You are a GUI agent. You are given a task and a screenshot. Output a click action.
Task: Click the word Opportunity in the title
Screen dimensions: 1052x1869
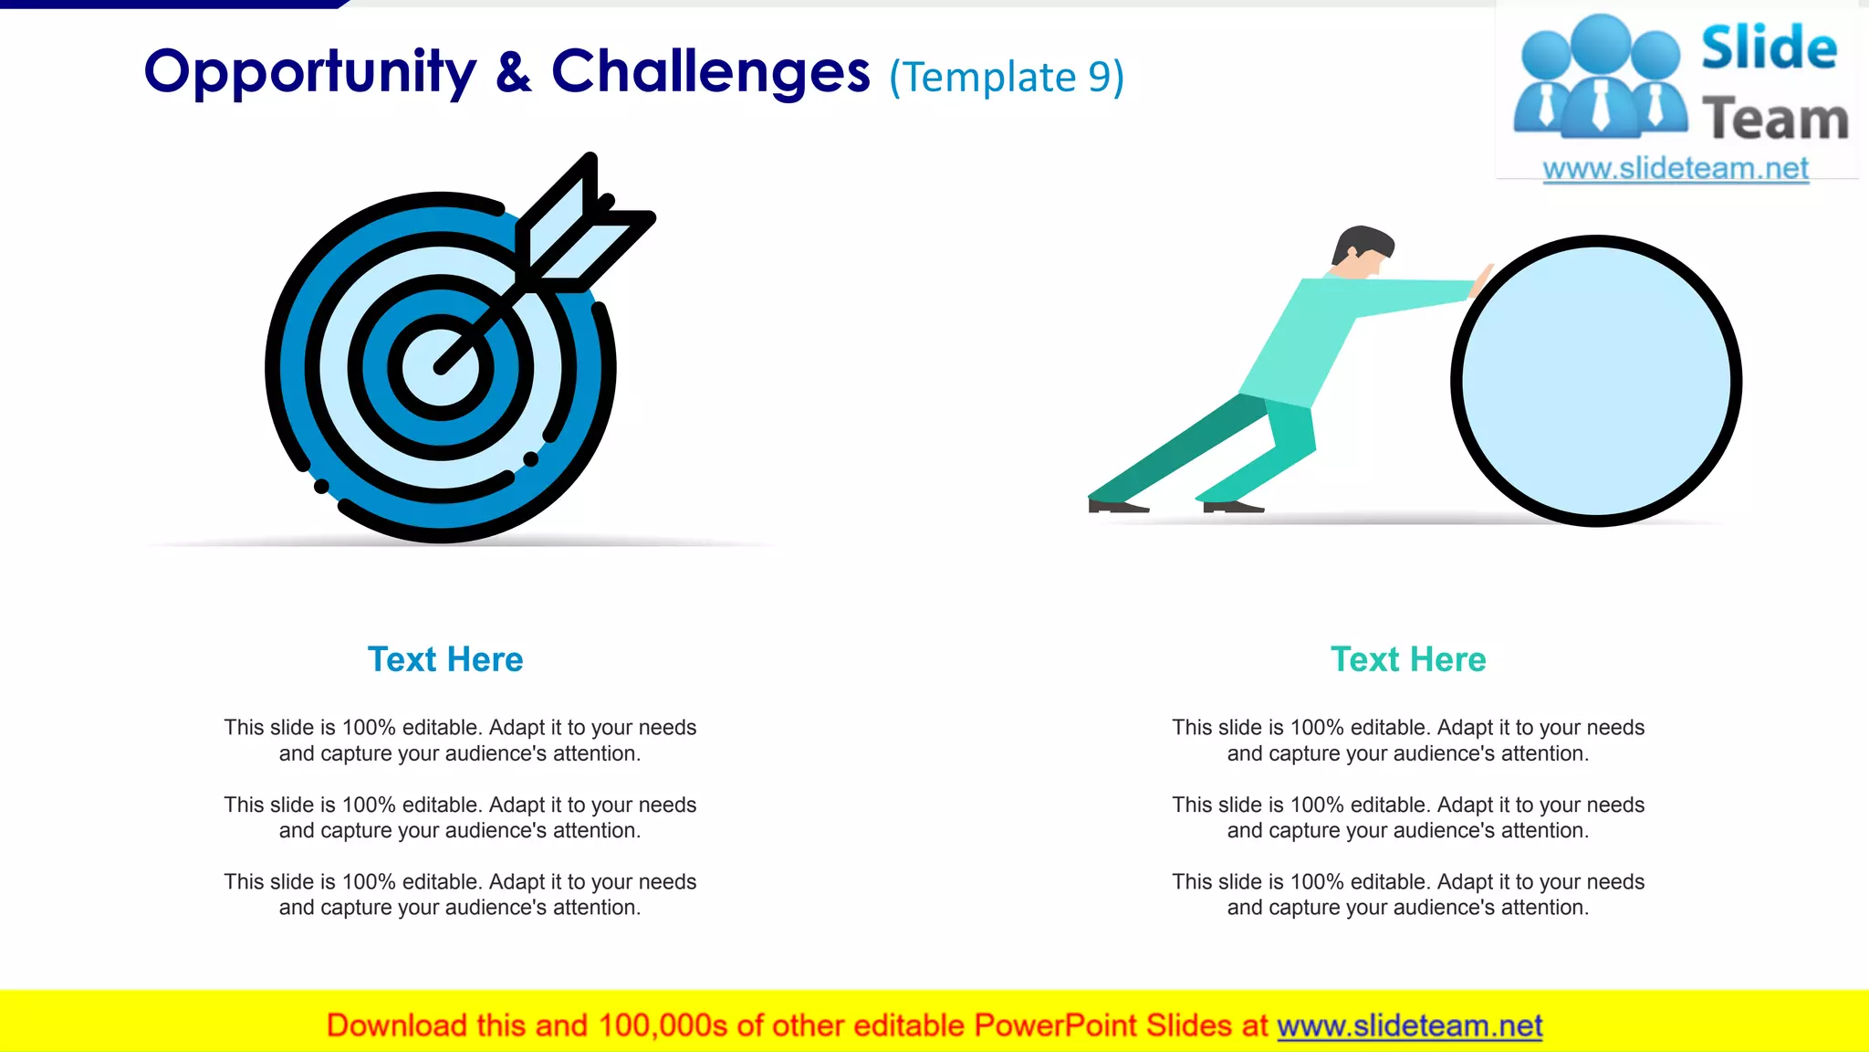pyautogui.click(x=310, y=73)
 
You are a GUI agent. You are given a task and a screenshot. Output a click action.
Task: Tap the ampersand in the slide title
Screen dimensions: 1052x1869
pyautogui.click(x=514, y=73)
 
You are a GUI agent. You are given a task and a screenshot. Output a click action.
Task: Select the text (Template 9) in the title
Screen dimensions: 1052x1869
pyautogui.click(x=1007, y=78)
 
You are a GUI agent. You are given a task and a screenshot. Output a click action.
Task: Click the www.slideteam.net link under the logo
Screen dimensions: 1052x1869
pyautogui.click(x=1676, y=169)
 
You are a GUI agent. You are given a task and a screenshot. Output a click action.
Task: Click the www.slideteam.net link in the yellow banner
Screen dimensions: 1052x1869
pyautogui.click(x=1409, y=1026)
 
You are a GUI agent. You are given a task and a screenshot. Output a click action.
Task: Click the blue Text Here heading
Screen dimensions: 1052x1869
pyautogui.click(x=445, y=659)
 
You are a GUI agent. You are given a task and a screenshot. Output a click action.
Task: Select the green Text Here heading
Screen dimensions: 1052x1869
pyautogui.click(x=1408, y=659)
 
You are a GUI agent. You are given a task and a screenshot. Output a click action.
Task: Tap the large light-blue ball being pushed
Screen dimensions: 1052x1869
pyautogui.click(x=1596, y=381)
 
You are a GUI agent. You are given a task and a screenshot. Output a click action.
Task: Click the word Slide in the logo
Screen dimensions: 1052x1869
pyautogui.click(x=1769, y=48)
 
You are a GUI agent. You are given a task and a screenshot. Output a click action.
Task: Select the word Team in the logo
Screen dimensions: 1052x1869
pyautogui.click(x=1775, y=120)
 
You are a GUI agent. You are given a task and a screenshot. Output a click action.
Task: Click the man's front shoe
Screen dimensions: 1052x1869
pyautogui.click(x=1232, y=506)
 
